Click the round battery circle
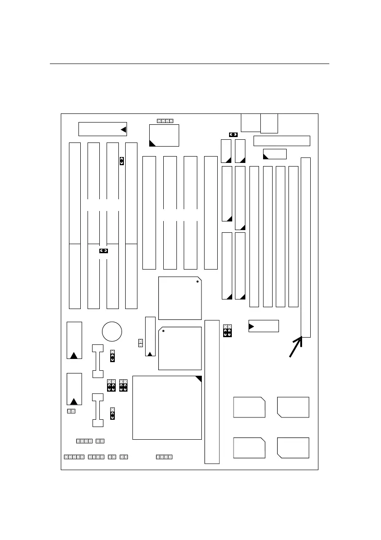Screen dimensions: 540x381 [112, 331]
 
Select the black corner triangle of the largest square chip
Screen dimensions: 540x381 [198, 379]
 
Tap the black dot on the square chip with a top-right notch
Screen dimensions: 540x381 [197, 282]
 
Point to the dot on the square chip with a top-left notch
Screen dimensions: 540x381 [163, 331]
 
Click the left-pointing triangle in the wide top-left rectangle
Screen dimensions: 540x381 [123, 130]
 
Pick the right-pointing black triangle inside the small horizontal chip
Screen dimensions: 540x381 [252, 326]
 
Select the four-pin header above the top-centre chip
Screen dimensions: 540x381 [165, 121]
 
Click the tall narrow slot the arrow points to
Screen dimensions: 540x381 [306, 247]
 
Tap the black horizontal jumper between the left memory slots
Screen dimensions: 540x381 [104, 250]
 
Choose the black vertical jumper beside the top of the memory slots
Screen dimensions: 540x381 [122, 161]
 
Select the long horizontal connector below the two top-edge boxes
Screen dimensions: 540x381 [281, 141]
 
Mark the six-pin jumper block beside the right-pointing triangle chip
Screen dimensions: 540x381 [228, 331]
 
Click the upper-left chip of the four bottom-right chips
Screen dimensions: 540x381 [249, 407]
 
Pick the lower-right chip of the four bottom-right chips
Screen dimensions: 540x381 [293, 448]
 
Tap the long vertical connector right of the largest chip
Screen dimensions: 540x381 [212, 392]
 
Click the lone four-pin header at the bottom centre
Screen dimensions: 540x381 [164, 457]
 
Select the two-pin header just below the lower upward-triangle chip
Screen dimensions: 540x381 [71, 411]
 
